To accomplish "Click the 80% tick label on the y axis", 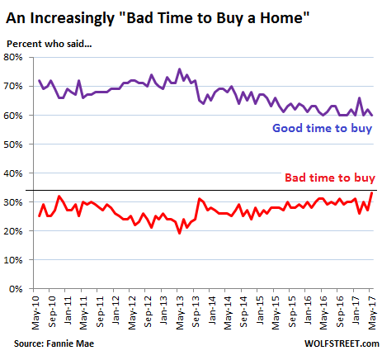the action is coord(13,57).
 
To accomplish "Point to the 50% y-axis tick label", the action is coord(13,144).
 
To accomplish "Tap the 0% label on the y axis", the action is coord(16,289).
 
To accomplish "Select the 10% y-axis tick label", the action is coord(13,260).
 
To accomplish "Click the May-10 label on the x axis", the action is coord(36,313).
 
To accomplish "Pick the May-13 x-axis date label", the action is coord(180,313).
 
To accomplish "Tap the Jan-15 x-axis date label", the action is coord(260,310).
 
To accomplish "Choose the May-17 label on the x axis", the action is coord(372,313).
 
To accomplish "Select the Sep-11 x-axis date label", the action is coord(100,312).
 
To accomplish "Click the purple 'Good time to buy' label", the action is coord(323,129).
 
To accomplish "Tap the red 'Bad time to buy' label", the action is coord(330,178).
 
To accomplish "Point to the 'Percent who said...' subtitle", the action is coord(50,44).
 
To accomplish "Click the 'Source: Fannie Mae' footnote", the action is coord(54,343).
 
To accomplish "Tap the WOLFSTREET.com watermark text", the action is coord(342,343).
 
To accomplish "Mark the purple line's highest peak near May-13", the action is coord(180,69).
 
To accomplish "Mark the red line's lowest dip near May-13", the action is coord(180,234).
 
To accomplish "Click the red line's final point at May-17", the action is coord(372,193).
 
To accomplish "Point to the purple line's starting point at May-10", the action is coord(39,80).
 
